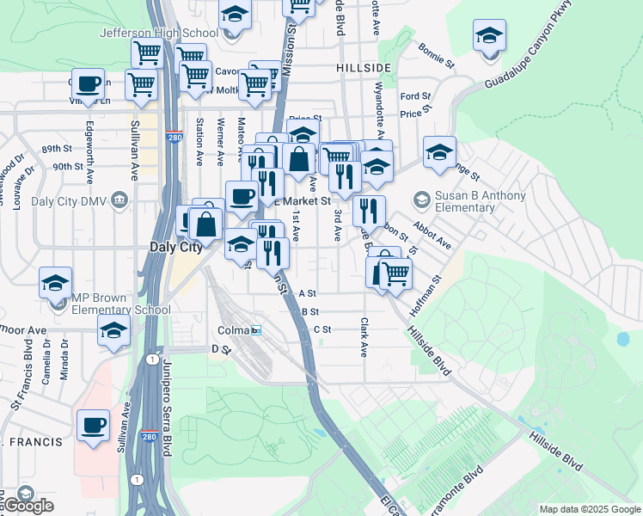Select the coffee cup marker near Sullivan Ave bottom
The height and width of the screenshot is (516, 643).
tap(93, 425)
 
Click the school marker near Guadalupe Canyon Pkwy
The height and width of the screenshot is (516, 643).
tap(488, 35)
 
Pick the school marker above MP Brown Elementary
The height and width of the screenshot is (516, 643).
tap(55, 282)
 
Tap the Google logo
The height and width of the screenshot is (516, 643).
tap(28, 506)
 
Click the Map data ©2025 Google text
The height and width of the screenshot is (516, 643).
tap(590, 510)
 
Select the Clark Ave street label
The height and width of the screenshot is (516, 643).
tap(364, 338)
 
